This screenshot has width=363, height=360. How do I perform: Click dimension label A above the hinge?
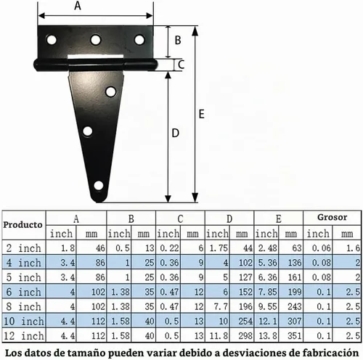(x=78, y=5)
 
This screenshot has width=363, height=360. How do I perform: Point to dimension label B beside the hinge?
(x=178, y=40)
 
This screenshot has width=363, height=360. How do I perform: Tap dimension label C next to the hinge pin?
(x=181, y=65)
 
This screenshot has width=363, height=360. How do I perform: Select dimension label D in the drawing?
(x=175, y=133)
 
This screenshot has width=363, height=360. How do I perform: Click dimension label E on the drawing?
(x=202, y=114)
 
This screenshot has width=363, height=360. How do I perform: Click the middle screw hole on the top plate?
(x=96, y=39)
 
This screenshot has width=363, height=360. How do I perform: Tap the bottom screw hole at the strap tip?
(x=99, y=186)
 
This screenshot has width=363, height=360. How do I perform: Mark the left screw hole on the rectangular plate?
(x=52, y=40)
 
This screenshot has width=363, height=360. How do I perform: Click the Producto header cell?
(x=23, y=225)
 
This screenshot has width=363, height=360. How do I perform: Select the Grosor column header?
(x=332, y=217)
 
